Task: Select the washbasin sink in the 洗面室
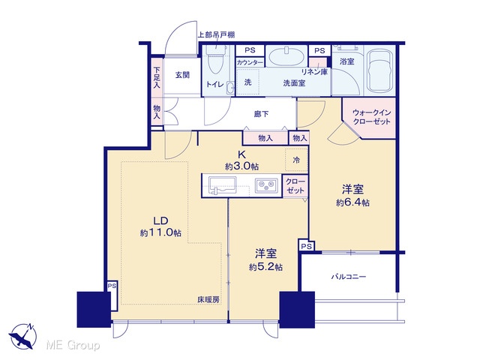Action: [286, 56]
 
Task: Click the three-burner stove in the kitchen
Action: [265, 185]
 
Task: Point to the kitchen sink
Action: [222, 184]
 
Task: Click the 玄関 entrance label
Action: [182, 75]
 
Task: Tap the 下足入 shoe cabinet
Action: [157, 78]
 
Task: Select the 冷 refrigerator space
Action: [296, 160]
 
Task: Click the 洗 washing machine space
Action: [248, 82]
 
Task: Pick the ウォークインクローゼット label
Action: [372, 117]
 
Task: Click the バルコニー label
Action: [349, 277]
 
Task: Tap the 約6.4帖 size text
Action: [352, 202]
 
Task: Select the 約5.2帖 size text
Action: [265, 267]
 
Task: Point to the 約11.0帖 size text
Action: [160, 232]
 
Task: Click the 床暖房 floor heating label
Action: [208, 300]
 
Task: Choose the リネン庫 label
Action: [315, 72]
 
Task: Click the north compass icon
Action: [22, 337]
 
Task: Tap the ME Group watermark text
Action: [73, 346]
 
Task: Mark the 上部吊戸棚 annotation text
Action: [216, 35]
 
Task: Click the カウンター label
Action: [250, 63]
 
